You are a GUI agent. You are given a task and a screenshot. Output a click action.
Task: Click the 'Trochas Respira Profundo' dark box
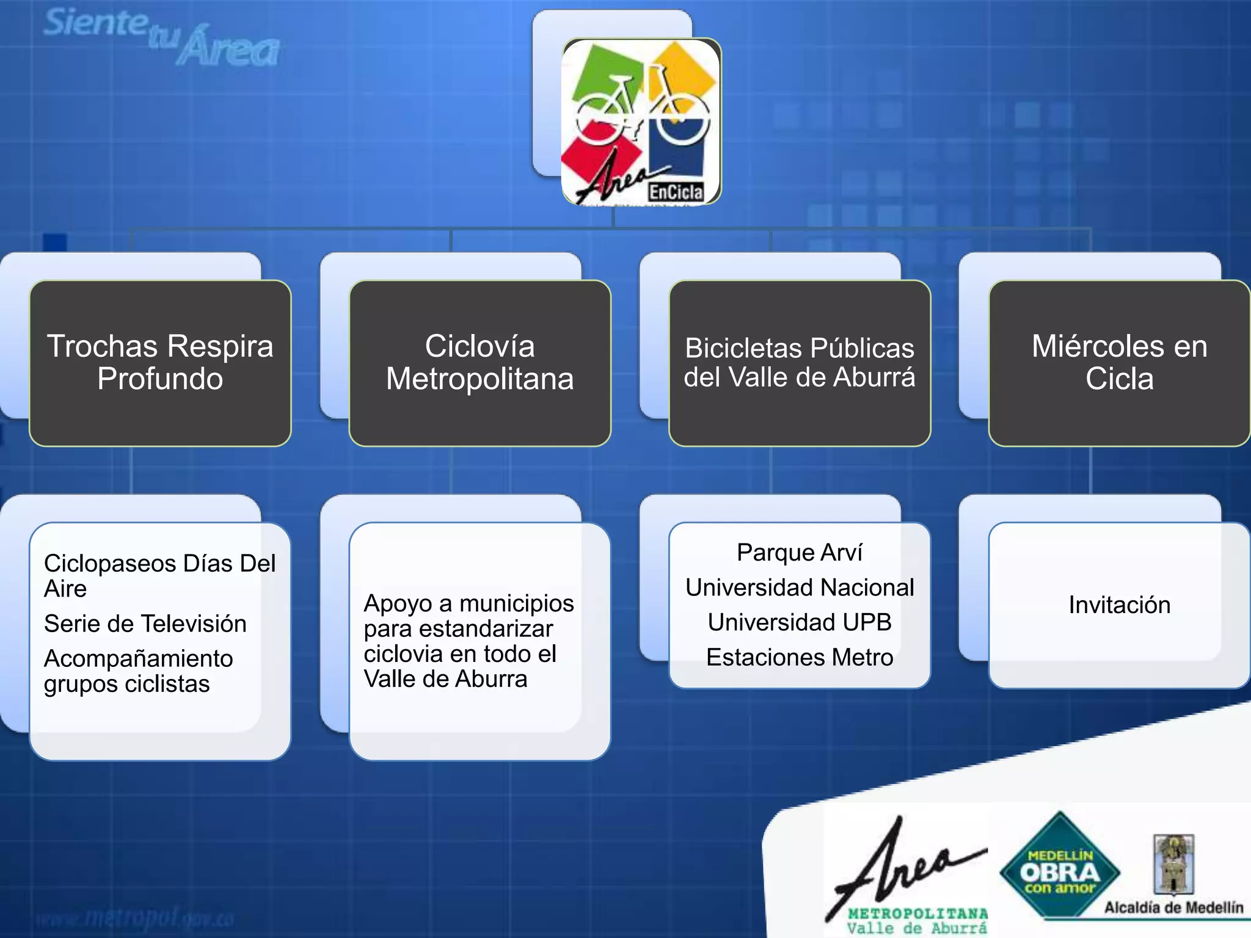[160, 363]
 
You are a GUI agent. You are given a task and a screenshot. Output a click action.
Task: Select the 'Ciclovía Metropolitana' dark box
[480, 363]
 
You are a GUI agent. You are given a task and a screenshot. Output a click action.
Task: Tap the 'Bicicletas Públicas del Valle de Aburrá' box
[800, 363]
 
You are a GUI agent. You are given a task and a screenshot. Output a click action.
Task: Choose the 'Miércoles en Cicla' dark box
[1119, 363]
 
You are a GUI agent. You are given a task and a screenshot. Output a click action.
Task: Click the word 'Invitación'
[1119, 605]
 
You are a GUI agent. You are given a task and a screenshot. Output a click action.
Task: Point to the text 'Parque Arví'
[800, 553]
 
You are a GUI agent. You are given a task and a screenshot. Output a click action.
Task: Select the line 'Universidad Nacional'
[800, 587]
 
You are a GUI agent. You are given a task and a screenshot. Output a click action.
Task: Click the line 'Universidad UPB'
[800, 622]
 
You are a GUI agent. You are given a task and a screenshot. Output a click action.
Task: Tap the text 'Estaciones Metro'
[800, 658]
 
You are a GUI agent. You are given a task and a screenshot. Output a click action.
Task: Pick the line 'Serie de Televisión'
[145, 624]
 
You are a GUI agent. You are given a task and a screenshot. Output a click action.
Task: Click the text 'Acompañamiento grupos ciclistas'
[139, 671]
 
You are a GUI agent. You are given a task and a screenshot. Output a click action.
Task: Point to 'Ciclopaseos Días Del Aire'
[159, 575]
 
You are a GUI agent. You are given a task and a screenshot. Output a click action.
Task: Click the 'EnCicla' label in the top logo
[676, 192]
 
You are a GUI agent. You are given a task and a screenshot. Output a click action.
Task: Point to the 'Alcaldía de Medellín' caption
[1173, 907]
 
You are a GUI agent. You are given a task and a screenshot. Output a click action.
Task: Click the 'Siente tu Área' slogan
[162, 37]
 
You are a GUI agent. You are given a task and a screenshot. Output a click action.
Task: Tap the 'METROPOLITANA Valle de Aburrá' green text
[917, 921]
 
